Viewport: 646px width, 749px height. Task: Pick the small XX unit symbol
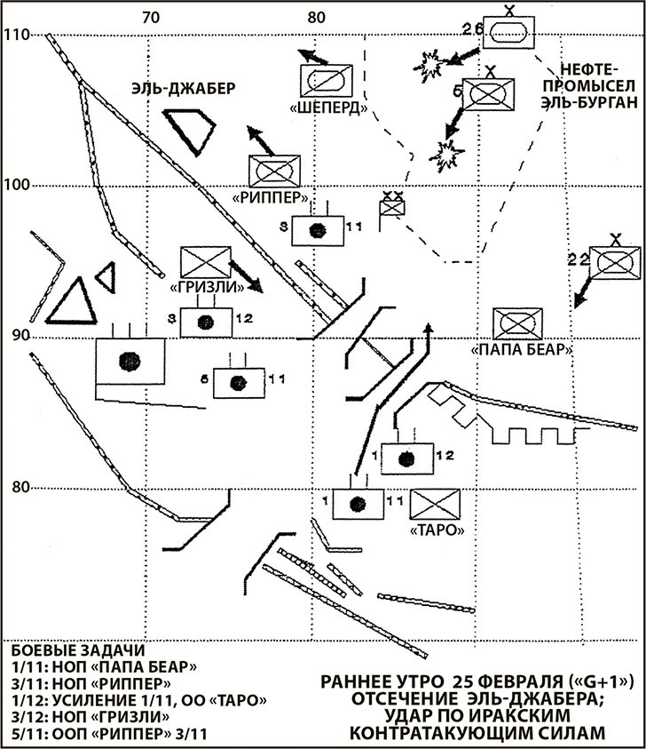point(391,206)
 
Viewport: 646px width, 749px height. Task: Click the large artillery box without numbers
point(131,360)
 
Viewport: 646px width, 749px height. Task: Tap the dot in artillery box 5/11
point(236,382)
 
